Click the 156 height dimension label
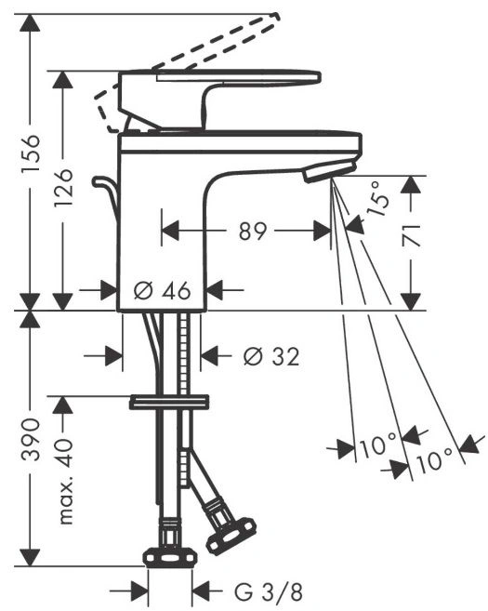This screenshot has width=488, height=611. pyautogui.click(x=31, y=153)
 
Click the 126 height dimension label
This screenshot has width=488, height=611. pyautogui.click(x=63, y=187)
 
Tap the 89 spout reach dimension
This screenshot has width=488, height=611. pyautogui.click(x=253, y=231)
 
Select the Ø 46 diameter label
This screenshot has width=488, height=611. pyautogui.click(x=162, y=290)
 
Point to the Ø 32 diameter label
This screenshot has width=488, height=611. pyautogui.click(x=271, y=356)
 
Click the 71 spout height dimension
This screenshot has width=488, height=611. pyautogui.click(x=411, y=235)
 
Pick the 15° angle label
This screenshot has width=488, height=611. pyautogui.click(x=377, y=198)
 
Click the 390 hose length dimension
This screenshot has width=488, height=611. pyautogui.click(x=31, y=439)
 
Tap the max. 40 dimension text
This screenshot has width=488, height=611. pyautogui.click(x=65, y=481)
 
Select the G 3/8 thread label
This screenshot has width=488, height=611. pyautogui.click(x=269, y=592)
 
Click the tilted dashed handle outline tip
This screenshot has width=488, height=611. pyautogui.click(x=276, y=17)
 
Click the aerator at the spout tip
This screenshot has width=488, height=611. pyautogui.click(x=330, y=172)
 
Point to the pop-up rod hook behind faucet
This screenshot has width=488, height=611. pyautogui.click(x=105, y=192)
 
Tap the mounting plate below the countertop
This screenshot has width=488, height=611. pyautogui.click(x=169, y=402)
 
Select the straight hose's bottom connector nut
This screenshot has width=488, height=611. pyautogui.click(x=169, y=557)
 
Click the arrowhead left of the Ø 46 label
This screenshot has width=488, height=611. pyautogui.click(x=109, y=290)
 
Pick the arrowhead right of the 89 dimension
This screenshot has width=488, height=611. pyautogui.click(x=323, y=231)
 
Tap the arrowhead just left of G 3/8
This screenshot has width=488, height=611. pyautogui.click(x=140, y=592)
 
